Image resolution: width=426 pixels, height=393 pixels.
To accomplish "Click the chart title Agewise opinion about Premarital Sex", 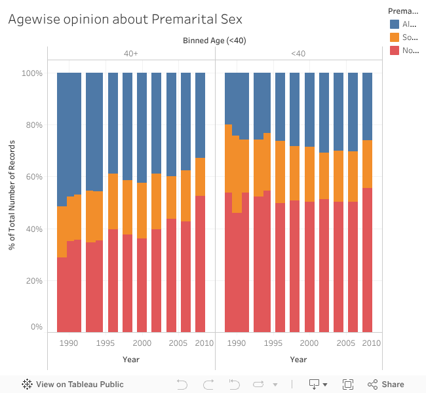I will (x=125, y=19).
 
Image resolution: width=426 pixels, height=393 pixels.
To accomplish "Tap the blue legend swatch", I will (x=395, y=24).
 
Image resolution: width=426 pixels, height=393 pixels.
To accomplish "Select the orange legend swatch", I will (x=395, y=37).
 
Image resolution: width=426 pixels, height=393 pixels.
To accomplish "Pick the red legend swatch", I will (x=395, y=50).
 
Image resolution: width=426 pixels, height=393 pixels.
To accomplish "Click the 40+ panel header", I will (x=131, y=54).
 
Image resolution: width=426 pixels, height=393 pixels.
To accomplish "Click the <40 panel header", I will (x=298, y=54).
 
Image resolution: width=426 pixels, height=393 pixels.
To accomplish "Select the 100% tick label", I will (x=31, y=73).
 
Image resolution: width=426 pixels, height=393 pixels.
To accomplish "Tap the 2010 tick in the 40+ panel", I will (x=204, y=343).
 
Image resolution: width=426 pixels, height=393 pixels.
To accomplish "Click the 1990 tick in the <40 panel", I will (x=237, y=343).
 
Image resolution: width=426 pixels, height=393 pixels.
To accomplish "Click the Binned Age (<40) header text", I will (x=214, y=41).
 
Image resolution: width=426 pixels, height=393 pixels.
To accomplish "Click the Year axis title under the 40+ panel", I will (x=131, y=359).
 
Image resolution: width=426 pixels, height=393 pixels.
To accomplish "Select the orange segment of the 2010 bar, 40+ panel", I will (x=200, y=177).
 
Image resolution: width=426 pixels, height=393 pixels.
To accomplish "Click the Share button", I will (x=386, y=384).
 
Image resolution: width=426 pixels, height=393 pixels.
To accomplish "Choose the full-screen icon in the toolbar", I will (x=348, y=384).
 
